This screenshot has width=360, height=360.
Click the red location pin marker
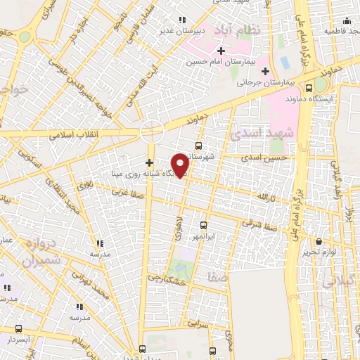(181, 165)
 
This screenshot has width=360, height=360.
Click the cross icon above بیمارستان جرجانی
(265, 71)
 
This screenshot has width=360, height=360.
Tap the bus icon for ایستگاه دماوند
(309, 89)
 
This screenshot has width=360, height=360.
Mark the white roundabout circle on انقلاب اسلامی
(150, 131)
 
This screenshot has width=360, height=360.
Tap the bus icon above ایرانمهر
(203, 226)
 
